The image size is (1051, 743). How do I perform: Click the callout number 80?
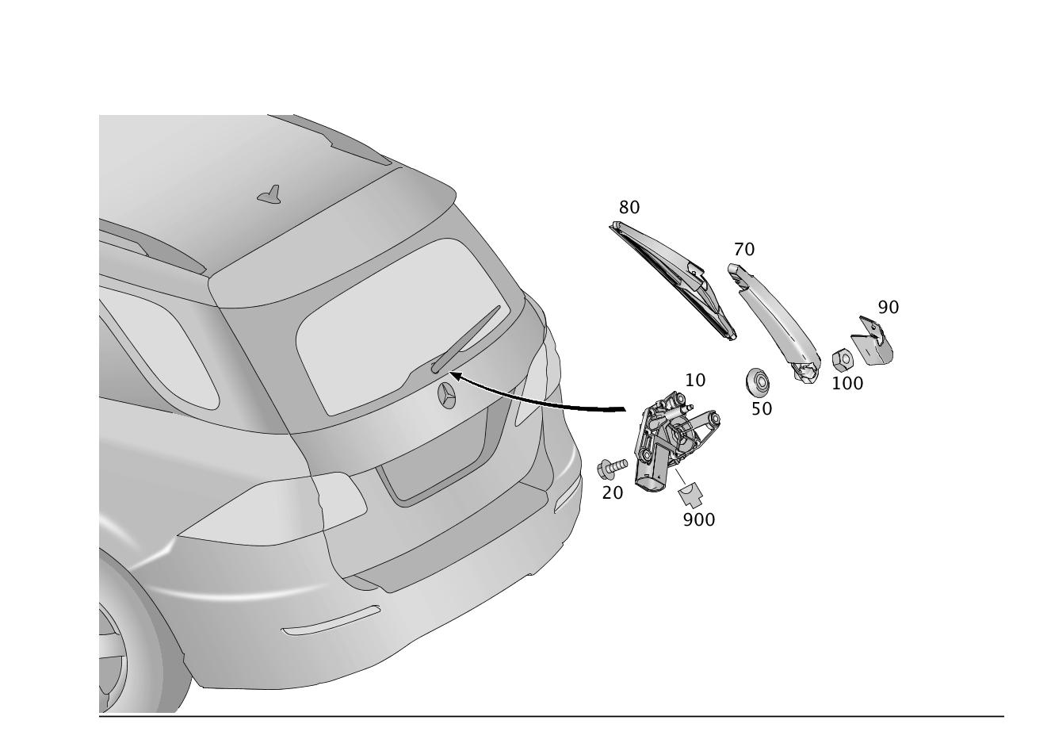coord(629,208)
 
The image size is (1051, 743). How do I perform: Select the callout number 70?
coord(744,250)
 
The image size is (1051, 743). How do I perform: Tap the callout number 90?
coord(889,308)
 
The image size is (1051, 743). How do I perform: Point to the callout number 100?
coord(847,384)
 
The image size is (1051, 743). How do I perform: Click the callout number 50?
coord(762,409)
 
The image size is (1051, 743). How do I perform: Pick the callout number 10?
coord(695,380)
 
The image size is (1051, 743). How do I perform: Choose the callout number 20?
coord(613,493)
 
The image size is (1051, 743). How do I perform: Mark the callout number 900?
coord(699,519)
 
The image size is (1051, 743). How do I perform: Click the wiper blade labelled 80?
coord(674,280)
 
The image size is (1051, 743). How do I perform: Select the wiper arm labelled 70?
coord(774,324)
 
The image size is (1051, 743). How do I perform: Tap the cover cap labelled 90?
coord(873,341)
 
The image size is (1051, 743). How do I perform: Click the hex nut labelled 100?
coord(843,360)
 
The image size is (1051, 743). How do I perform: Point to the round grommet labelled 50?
coord(757,381)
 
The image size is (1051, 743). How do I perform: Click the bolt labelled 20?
coord(612,469)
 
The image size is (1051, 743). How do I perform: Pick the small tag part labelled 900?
coord(690,496)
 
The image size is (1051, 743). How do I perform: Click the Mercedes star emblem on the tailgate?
coord(446,395)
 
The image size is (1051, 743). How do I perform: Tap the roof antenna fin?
coord(270,195)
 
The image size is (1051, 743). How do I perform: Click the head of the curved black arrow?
coord(456,376)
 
